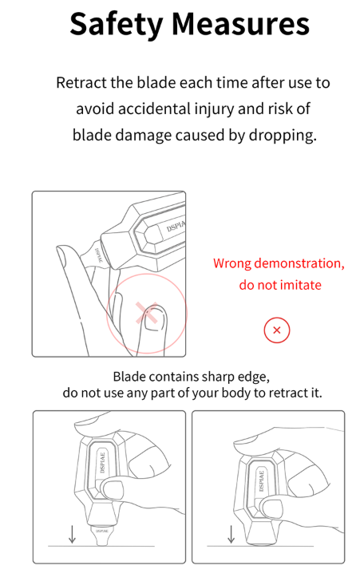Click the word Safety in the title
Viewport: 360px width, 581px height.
117,25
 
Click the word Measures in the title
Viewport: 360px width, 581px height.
240,24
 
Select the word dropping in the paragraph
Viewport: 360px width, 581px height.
283,136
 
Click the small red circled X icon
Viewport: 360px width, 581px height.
276,330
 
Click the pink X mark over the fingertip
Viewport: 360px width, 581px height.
147,313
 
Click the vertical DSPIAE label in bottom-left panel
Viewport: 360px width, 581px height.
103,462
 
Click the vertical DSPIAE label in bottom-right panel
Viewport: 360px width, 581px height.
261,481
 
